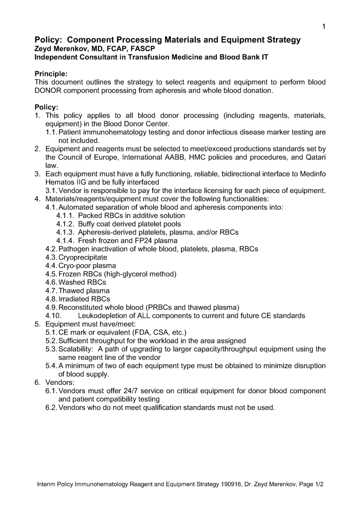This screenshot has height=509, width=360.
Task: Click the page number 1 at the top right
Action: click(323, 26)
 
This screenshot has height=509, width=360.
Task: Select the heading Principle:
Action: click(51, 74)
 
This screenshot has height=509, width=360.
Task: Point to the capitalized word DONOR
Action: click(48, 90)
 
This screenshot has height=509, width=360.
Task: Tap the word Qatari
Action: click(314, 157)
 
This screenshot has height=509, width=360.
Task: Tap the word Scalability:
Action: click(76, 349)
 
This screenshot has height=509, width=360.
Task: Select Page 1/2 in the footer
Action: click(311, 484)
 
